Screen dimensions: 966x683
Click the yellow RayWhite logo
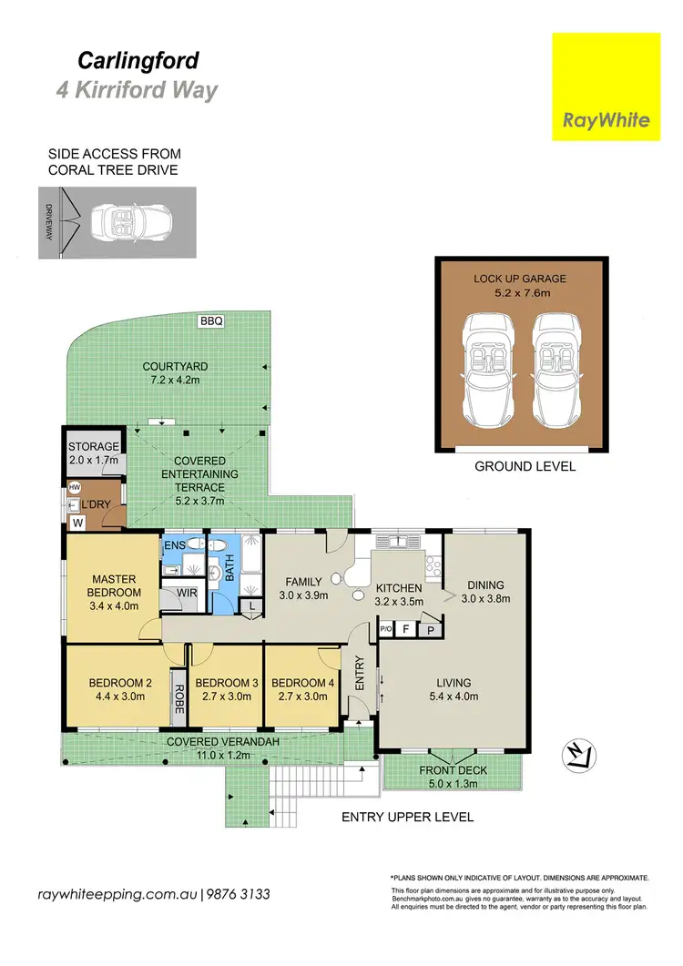[x=607, y=86]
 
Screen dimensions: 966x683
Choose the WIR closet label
[x=187, y=593]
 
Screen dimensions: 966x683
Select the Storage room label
[x=94, y=446]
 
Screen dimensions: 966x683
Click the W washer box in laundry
[x=76, y=523]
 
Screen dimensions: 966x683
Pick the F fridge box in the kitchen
[x=405, y=628]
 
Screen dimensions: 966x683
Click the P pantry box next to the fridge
[x=428, y=628]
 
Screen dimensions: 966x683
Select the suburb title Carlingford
[x=138, y=61]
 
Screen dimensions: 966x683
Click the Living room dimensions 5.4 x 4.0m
[x=453, y=697]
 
